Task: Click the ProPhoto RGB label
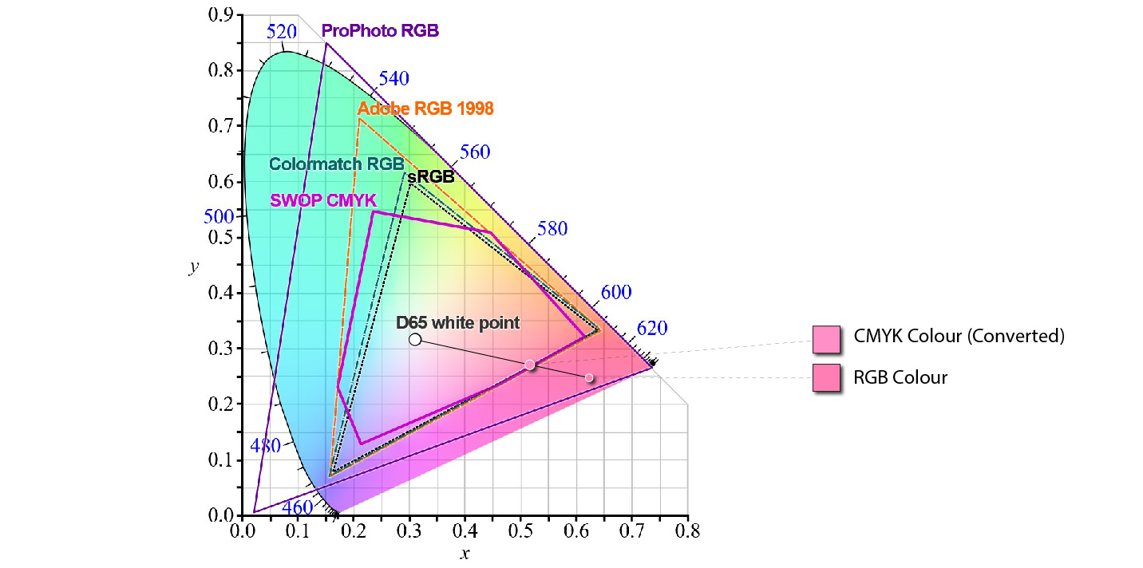coord(380,31)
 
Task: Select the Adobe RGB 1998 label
coord(425,108)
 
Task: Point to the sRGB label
coord(430,177)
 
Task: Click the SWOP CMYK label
coord(322,201)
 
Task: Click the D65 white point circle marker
coord(415,340)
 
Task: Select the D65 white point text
coord(458,323)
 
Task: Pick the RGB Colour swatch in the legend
coord(826,377)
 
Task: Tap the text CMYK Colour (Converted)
coord(959,336)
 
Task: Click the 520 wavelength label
coord(282,32)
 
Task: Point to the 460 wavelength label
coord(298,507)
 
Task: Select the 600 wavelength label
coord(616,293)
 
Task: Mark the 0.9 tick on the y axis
coord(220,14)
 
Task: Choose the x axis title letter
coord(465,552)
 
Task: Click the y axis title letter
coord(193,266)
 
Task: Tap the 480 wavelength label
coord(265,446)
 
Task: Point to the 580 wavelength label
coord(552,229)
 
